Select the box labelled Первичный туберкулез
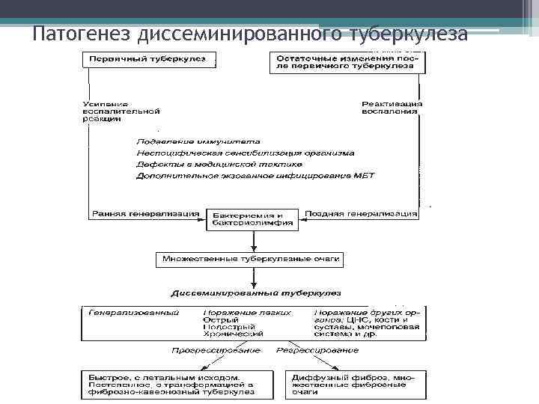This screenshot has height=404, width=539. tap(149, 60)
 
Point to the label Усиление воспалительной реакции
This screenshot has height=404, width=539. tap(124, 111)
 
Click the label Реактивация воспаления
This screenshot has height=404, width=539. tap(390, 107)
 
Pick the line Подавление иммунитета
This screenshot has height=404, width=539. tap(198, 141)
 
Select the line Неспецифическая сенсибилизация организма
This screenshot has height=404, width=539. tap(246, 153)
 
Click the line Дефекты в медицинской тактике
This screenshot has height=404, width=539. tap(219, 164)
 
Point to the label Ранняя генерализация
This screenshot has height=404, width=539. tap(145, 213)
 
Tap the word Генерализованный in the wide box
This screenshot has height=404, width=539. tap(135, 312)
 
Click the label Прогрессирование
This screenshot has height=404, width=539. tap(216, 350)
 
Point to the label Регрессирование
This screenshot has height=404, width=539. tap(317, 350)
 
